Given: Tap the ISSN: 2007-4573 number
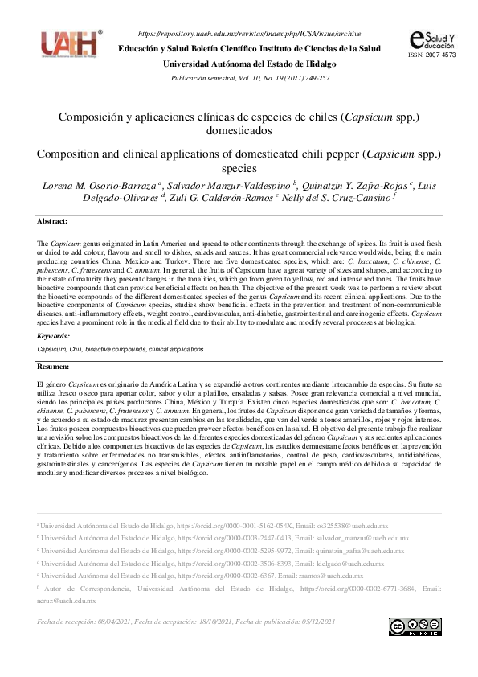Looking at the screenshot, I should tap(432, 55).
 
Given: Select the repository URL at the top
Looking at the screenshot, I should tap(250, 34).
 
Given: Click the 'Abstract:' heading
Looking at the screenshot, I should tap(53, 220).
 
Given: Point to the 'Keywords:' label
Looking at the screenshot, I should tap(54, 335).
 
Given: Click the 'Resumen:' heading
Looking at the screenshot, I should tap(54, 366).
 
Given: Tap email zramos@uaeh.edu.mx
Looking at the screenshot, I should tap(337, 576).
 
